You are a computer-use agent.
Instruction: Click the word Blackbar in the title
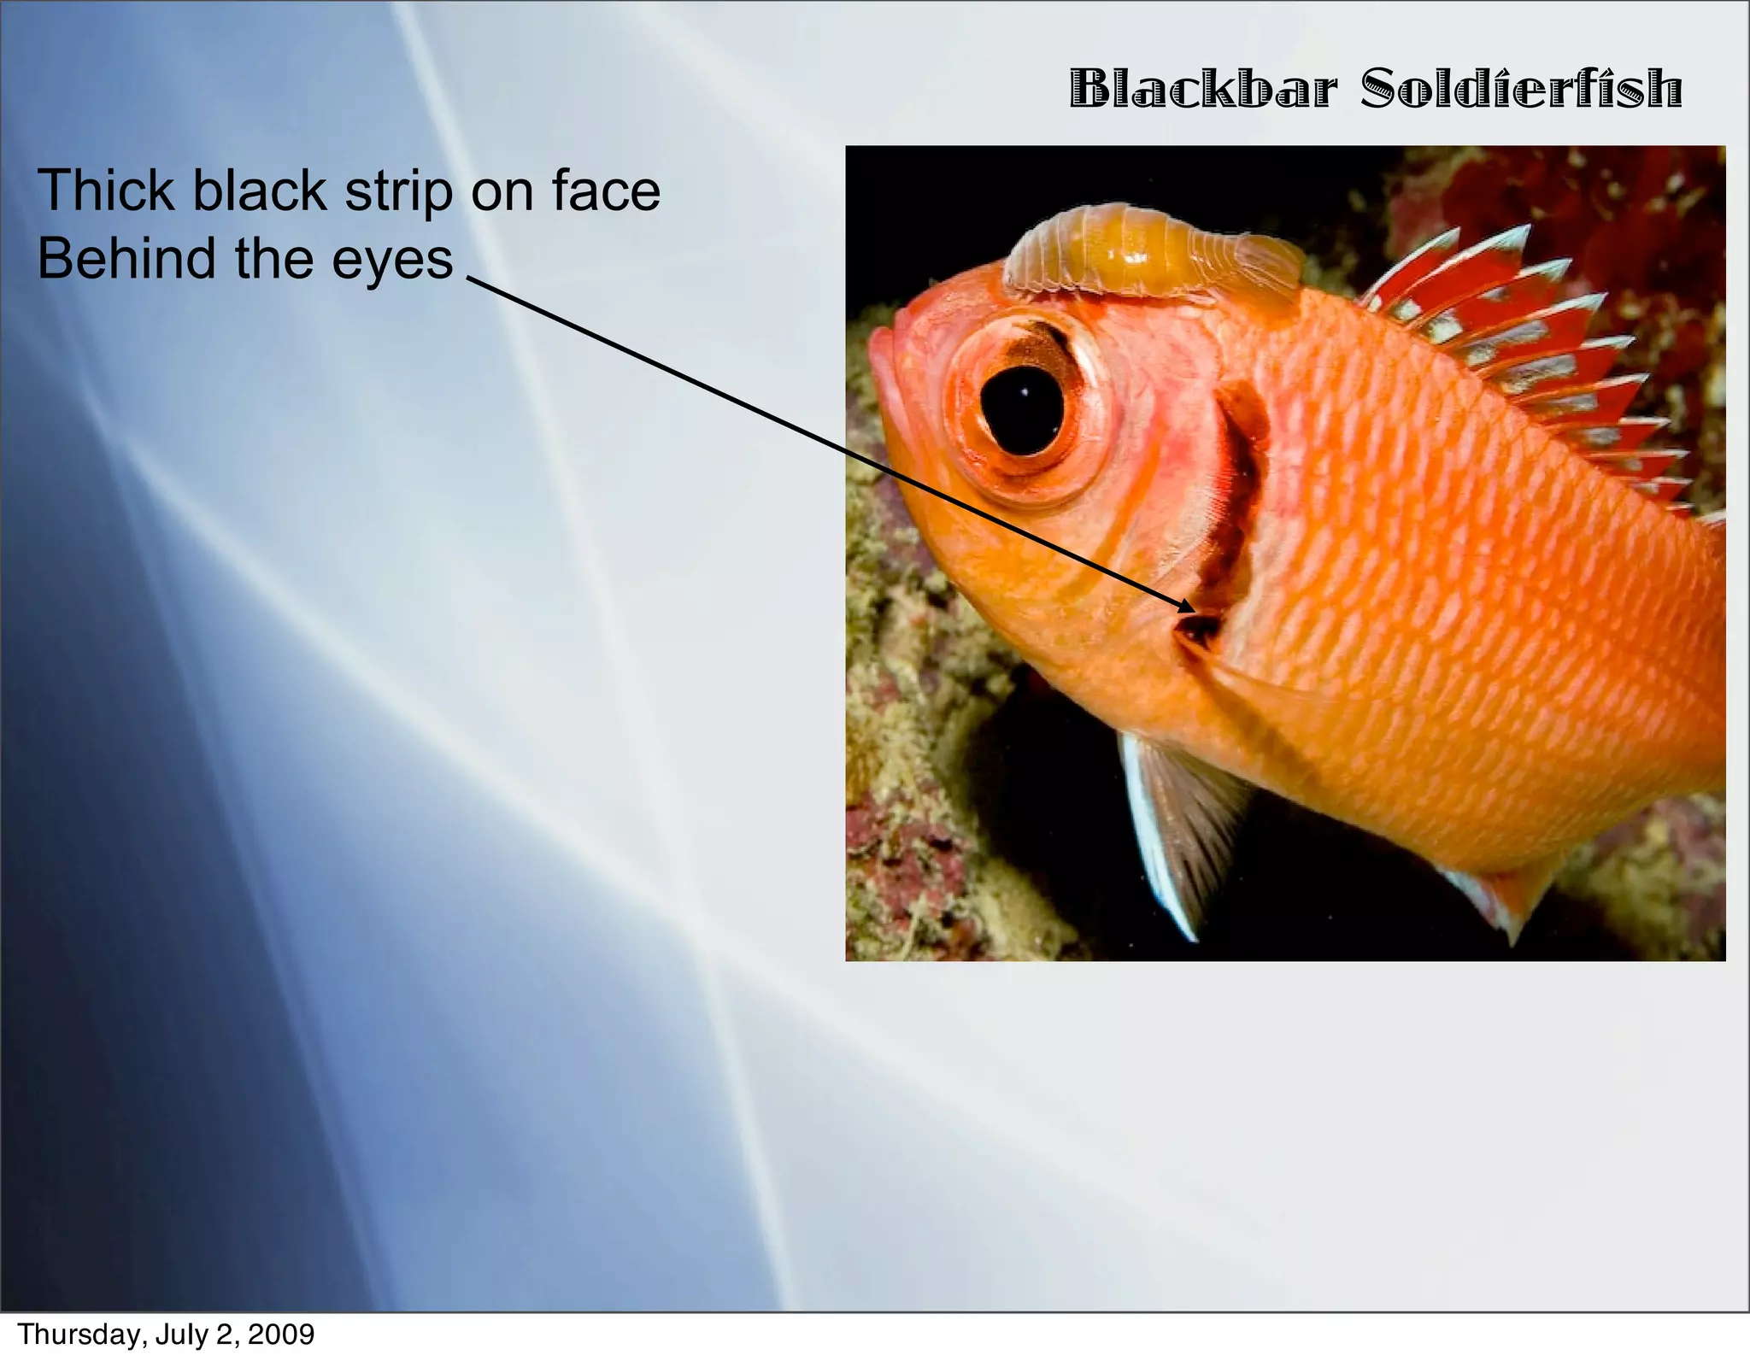[1201, 89]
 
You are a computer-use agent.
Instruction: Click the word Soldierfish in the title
[1521, 89]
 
